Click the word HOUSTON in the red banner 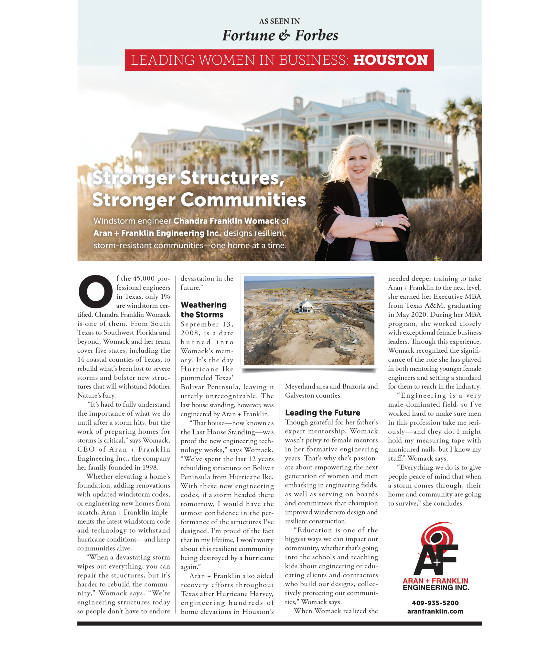[390, 60]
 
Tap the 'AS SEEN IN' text [279, 21]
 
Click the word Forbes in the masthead [317, 35]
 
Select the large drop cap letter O [96, 292]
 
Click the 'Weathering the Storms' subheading [203, 310]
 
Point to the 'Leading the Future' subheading [322, 413]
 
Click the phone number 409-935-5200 [435, 603]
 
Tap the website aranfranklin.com [435, 611]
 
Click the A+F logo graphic [436, 550]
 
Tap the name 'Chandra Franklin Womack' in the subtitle [226, 221]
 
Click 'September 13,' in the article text [207, 324]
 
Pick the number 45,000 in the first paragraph [144, 279]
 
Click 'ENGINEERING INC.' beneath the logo [435, 588]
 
